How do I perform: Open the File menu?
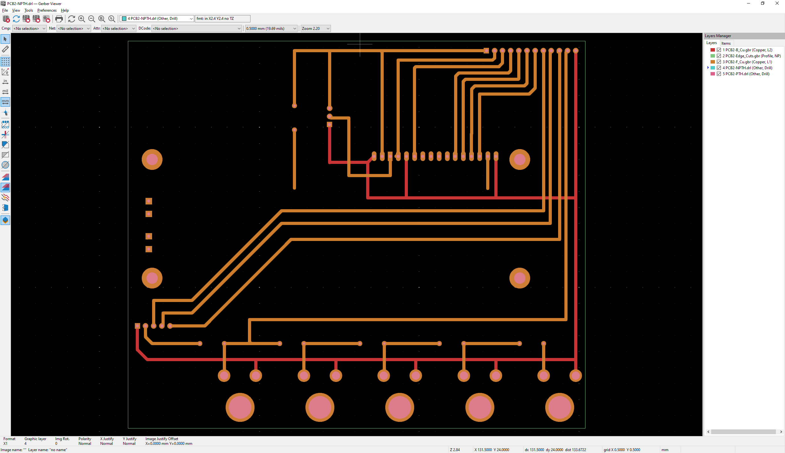pyautogui.click(x=5, y=10)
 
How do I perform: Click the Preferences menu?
pyautogui.click(x=47, y=10)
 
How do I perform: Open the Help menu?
pyautogui.click(x=65, y=10)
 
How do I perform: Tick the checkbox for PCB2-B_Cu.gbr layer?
pyautogui.click(x=719, y=50)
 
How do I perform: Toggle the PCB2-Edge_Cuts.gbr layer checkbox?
pyautogui.click(x=719, y=56)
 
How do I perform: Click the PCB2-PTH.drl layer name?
pyautogui.click(x=746, y=74)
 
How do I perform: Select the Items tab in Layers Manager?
pyautogui.click(x=726, y=43)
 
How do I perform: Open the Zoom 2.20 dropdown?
pyautogui.click(x=315, y=29)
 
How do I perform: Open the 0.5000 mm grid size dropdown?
pyautogui.click(x=271, y=29)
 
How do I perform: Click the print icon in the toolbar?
pyautogui.click(x=59, y=19)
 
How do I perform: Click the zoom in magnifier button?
pyautogui.click(x=82, y=19)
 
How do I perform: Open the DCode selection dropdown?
pyautogui.click(x=197, y=29)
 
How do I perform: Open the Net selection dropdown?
pyautogui.click(x=74, y=29)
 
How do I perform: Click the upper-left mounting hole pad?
pyautogui.click(x=152, y=159)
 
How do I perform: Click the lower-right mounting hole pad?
pyautogui.click(x=519, y=278)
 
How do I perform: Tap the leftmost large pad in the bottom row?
pyautogui.click(x=240, y=407)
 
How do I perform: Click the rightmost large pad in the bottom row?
pyautogui.click(x=559, y=407)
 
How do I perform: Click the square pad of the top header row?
pyautogui.click(x=486, y=51)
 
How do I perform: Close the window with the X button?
pyautogui.click(x=777, y=3)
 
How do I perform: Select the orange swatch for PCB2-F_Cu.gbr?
pyautogui.click(x=713, y=62)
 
